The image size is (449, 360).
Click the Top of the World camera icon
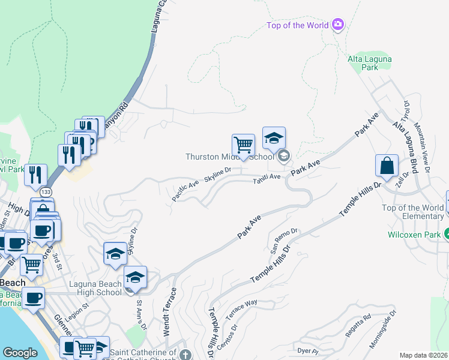coord(338,25)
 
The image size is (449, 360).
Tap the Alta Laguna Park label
coord(371,63)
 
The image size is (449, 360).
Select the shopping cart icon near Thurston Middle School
coord(243,145)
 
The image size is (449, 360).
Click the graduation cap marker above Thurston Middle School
coord(274,138)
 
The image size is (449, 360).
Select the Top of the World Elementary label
coord(412,212)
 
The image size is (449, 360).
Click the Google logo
coord(20,353)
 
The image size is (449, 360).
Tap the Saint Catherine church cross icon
coord(185,354)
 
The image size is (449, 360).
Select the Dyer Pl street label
coord(306,350)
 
